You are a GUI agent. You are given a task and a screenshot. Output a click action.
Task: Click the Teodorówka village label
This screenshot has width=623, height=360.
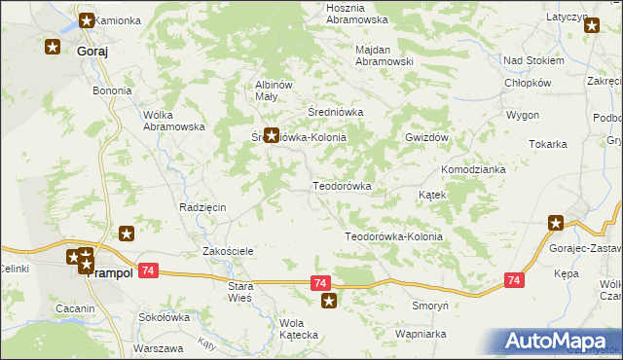342,185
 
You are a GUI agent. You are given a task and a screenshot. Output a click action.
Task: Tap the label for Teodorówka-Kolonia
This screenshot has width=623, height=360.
393,236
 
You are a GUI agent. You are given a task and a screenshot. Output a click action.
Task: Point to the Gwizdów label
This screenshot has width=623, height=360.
426,138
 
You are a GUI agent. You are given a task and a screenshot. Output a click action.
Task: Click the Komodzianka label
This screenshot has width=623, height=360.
473,169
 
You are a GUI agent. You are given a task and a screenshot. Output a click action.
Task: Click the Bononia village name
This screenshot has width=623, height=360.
112,90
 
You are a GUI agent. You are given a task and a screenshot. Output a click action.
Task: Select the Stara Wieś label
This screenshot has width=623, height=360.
239,292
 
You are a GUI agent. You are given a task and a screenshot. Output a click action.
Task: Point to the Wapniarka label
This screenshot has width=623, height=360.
421,334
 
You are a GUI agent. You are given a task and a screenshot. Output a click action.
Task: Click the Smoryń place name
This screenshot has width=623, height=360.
428,305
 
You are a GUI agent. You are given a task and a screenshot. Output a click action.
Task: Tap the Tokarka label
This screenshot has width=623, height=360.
548,144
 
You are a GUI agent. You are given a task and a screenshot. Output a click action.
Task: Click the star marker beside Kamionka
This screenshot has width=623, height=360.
87,19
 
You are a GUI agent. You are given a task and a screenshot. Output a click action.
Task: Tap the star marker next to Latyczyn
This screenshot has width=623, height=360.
592,26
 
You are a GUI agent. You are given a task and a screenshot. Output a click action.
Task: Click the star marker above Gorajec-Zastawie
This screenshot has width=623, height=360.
556,223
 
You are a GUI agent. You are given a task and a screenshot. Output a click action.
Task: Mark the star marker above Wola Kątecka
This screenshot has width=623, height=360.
330,302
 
